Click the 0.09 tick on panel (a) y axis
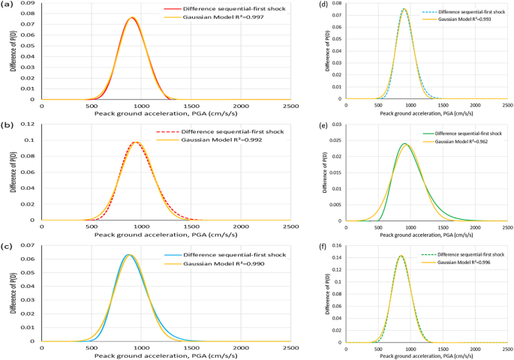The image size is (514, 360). tap(28, 4)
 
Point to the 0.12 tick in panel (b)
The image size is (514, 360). tap(28, 124)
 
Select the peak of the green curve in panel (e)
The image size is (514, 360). tap(404, 143)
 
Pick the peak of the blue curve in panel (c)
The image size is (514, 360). tap(128, 255)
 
